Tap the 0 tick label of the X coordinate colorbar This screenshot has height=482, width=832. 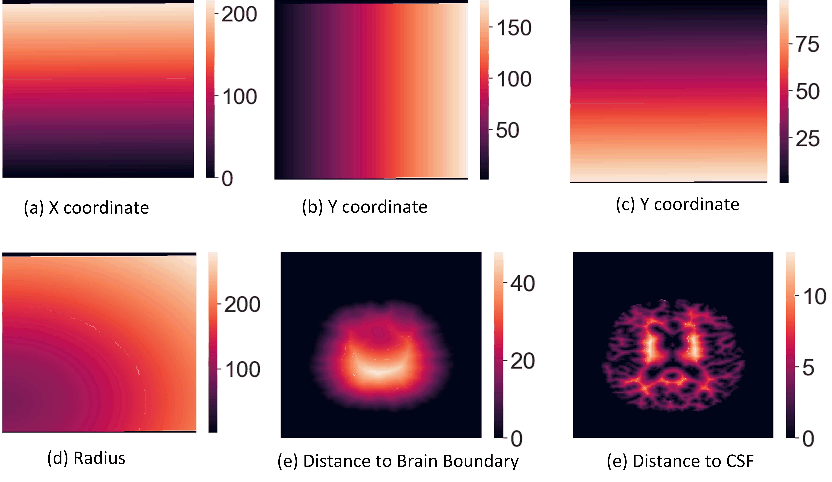click(x=227, y=179)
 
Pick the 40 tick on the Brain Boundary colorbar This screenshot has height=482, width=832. click(x=522, y=283)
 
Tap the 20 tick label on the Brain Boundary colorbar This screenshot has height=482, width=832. click(x=522, y=361)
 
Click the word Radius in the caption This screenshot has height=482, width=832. click(x=99, y=458)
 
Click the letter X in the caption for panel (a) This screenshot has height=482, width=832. click(x=54, y=208)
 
